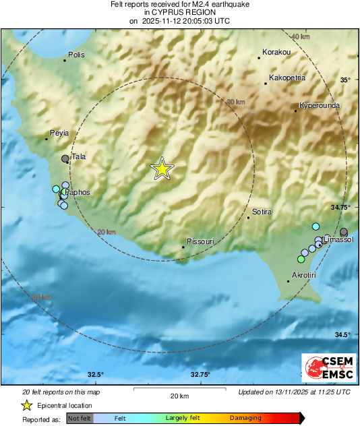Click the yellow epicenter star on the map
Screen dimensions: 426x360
point(162,169)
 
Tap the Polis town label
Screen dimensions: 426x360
point(77,55)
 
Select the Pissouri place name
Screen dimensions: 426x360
point(200,241)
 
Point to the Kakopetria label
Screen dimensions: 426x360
point(287,78)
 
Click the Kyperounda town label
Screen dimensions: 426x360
point(320,106)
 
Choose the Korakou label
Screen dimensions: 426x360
point(276,52)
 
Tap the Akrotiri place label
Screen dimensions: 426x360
point(304,276)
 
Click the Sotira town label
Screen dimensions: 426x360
point(262,212)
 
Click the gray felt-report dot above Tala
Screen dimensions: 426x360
point(65,158)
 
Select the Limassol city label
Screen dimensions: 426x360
point(338,240)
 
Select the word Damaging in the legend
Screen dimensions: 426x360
point(245,418)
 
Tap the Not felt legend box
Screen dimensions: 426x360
point(80,418)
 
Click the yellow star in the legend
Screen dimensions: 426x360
point(26,405)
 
